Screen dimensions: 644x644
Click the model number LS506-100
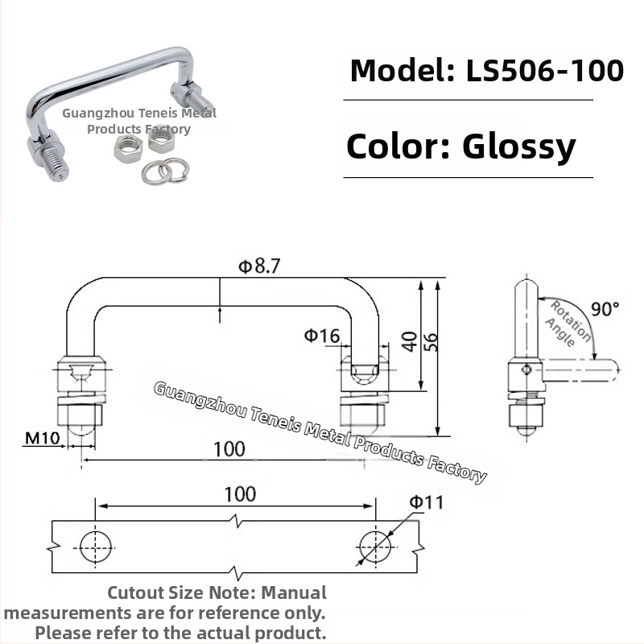[x=545, y=71]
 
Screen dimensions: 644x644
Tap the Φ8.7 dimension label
[x=259, y=266]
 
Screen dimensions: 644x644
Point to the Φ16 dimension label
[x=322, y=336]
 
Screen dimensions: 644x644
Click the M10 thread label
[x=43, y=438]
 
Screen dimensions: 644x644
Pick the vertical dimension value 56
[x=431, y=341]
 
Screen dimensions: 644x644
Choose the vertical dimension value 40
[x=410, y=341]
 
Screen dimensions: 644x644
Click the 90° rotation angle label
[x=605, y=309]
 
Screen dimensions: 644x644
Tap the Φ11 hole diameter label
[x=427, y=502]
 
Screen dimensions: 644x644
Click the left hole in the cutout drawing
[x=95, y=547]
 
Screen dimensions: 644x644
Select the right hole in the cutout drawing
[x=375, y=547]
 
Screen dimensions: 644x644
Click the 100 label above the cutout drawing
[x=240, y=493]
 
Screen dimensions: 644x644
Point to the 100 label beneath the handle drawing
[x=229, y=449]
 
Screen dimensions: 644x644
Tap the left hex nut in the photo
[x=128, y=149]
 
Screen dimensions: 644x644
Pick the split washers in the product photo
[x=166, y=171]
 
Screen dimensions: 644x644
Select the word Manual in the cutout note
[x=294, y=593]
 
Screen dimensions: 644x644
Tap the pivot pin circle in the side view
[x=526, y=370]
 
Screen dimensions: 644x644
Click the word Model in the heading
[x=402, y=71]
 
